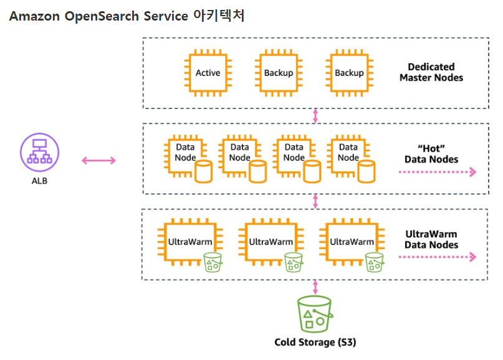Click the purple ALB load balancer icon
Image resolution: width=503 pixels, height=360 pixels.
click(x=39, y=152)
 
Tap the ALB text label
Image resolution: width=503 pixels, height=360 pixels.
click(x=39, y=181)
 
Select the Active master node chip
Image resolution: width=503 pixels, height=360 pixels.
click(x=208, y=73)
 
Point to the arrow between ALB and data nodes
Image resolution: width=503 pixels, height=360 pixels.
click(x=99, y=160)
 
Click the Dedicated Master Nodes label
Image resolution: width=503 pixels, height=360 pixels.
click(x=431, y=72)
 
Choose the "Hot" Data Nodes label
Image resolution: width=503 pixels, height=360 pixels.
click(x=431, y=154)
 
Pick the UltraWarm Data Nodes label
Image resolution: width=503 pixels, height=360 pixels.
click(x=431, y=239)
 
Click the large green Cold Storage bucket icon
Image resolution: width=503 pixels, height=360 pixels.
click(x=315, y=314)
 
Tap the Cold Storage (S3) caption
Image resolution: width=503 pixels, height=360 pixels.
click(x=315, y=343)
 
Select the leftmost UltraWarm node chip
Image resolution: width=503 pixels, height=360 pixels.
click(x=190, y=242)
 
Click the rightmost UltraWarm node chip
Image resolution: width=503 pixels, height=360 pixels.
click(x=352, y=242)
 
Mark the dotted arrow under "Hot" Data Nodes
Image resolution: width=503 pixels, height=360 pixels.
click(x=438, y=172)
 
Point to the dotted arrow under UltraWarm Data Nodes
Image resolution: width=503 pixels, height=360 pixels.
click(x=438, y=257)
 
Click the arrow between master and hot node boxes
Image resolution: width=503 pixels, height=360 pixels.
click(x=315, y=116)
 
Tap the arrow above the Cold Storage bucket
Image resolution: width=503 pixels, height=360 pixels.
click(x=315, y=287)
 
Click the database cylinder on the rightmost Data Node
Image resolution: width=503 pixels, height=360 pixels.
click(x=366, y=171)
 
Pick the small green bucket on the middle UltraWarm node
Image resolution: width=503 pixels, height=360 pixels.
click(x=294, y=262)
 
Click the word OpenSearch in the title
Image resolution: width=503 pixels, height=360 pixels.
click(x=102, y=16)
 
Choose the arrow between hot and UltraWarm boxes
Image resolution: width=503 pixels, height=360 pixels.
click(x=315, y=201)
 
